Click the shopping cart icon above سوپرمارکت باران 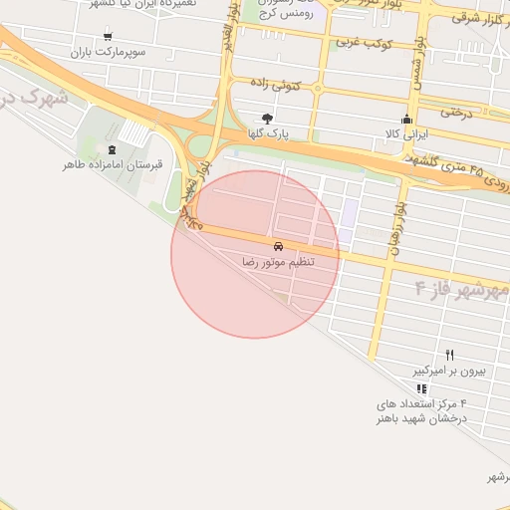[x=109, y=35]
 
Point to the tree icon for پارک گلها [x=267, y=118]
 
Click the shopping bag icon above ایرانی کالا [x=405, y=119]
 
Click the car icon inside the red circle [x=277, y=245]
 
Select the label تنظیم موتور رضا [x=278, y=261]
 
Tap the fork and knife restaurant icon [x=449, y=355]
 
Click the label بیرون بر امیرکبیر [x=450, y=370]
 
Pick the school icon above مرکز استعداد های [x=421, y=388]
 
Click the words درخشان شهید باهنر [x=420, y=418]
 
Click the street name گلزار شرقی [x=480, y=17]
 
